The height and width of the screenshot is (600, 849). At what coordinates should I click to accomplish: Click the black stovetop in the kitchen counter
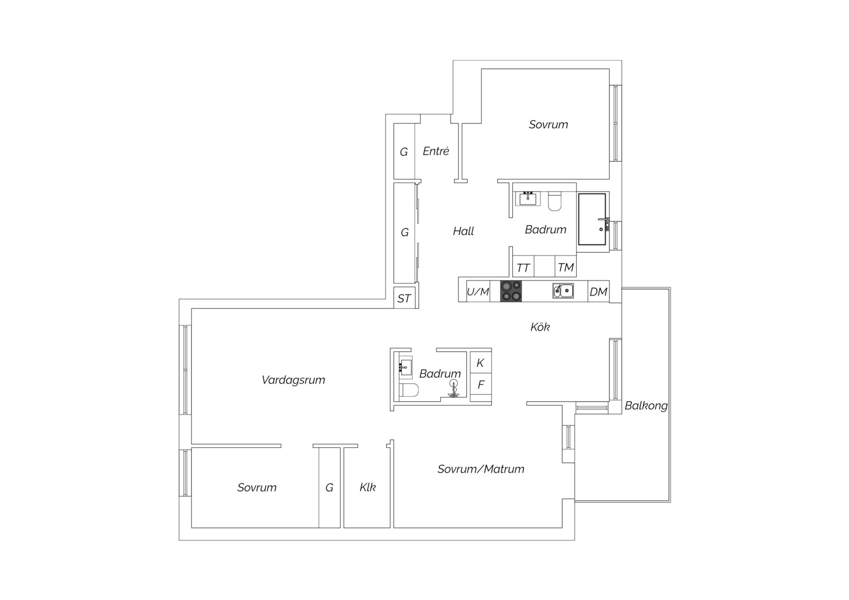tap(511, 291)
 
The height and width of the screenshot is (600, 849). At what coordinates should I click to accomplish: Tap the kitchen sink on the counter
tap(563, 291)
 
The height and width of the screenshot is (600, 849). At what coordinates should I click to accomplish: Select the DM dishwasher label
tap(598, 292)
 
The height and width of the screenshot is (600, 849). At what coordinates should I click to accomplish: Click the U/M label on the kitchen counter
tap(478, 292)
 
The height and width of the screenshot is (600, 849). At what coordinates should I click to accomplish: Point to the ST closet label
tap(404, 299)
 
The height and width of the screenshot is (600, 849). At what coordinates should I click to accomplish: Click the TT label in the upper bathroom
tap(523, 268)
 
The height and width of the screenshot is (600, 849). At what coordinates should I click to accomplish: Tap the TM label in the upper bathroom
tap(566, 268)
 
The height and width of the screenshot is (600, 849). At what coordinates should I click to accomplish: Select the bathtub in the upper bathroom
tap(592, 219)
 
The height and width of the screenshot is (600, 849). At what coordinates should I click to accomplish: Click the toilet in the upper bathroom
tap(555, 201)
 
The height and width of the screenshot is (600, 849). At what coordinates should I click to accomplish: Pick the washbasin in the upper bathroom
tap(528, 198)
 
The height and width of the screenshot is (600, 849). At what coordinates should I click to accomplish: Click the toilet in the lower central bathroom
tap(409, 389)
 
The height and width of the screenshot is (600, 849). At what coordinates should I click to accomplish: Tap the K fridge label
tap(480, 363)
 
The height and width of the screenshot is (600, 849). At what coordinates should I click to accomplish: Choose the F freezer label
tap(481, 384)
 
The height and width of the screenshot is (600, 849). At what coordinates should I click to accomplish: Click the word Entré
tap(436, 151)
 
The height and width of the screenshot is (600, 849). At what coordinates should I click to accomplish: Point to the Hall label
tap(463, 231)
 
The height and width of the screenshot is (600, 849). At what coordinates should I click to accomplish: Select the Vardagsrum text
tap(293, 380)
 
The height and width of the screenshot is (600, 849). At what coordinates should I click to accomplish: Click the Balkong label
tap(646, 406)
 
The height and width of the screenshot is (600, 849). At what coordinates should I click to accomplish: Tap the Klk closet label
tap(368, 487)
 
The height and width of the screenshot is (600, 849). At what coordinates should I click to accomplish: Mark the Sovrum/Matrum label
tap(481, 469)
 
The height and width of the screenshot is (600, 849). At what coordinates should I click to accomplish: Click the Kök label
tap(540, 327)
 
